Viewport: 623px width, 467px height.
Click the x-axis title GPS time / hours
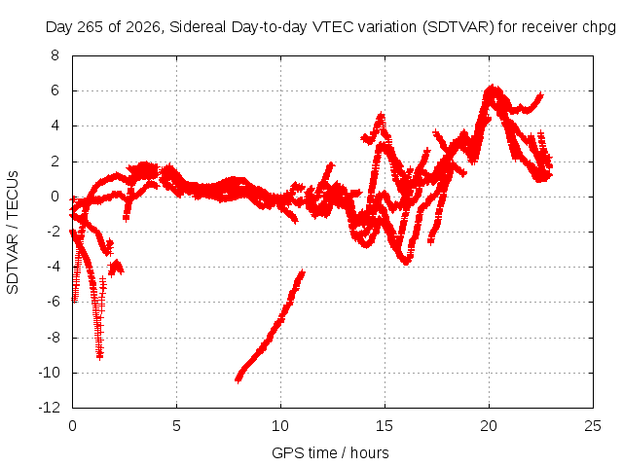tap(330, 452)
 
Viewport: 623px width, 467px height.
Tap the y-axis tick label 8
tap(55, 55)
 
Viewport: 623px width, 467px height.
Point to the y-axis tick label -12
tap(50, 408)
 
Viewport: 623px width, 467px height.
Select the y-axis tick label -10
tap(50, 373)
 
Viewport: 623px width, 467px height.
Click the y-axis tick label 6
tap(55, 90)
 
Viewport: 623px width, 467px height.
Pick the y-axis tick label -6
tap(52, 302)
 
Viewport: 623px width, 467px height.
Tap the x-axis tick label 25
tap(593, 426)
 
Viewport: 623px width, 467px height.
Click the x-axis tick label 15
tap(385, 426)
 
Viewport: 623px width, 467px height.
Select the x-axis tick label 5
tap(176, 426)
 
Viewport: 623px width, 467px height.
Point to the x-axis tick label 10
tap(280, 426)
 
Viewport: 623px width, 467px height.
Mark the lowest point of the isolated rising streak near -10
tap(238, 380)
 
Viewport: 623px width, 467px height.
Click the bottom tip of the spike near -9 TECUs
tap(99, 357)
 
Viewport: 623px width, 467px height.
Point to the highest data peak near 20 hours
tap(493, 87)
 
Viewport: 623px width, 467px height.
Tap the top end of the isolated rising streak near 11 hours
tap(303, 272)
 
